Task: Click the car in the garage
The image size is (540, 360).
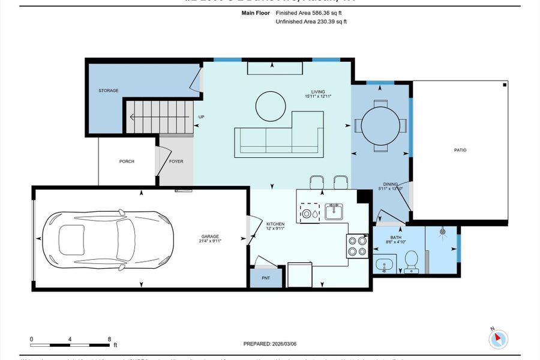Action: [x=106, y=239]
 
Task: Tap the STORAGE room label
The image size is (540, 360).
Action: [x=109, y=91]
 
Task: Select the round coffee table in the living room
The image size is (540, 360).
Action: [x=271, y=107]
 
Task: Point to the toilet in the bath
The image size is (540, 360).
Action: [x=412, y=260]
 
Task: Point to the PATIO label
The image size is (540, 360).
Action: [x=460, y=150]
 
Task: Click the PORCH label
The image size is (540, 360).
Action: [x=127, y=161]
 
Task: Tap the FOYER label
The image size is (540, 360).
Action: [x=176, y=161]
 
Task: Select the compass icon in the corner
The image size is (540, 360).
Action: [x=497, y=339]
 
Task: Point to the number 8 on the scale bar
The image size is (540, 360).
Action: [x=109, y=339]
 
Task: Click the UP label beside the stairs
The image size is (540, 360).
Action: [x=202, y=117]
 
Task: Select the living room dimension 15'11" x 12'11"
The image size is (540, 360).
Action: [x=318, y=96]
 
